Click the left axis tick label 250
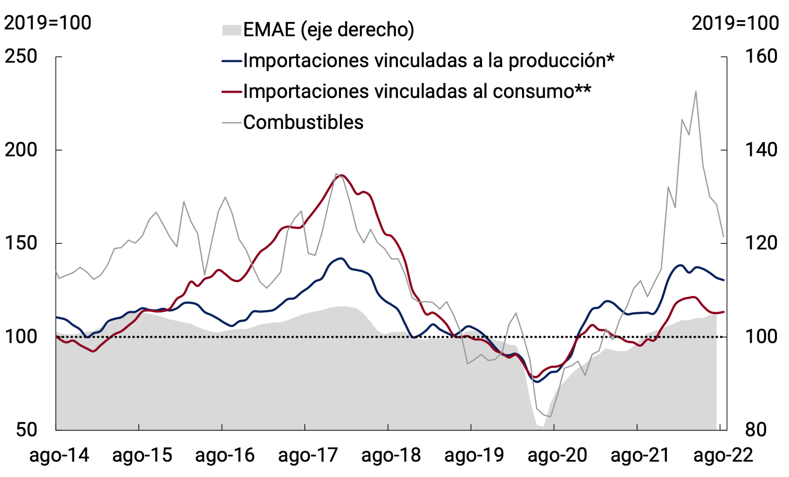pos(21,56)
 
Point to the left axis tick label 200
pos(21,150)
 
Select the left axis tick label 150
pos(21,243)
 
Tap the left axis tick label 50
pos(27,430)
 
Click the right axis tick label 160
pos(761,56)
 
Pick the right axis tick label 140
pos(761,150)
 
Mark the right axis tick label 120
pos(761,243)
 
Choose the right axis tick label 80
pos(756,430)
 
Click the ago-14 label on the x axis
pos(59,455)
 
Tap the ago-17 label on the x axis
pos(308,455)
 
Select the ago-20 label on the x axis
pos(557,455)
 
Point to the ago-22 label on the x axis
pos(723,455)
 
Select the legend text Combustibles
pos(303,122)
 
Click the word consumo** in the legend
pos(542,91)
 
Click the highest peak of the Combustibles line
pos(696,91)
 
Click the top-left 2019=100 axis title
pos(48,23)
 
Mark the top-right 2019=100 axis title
pos(735,23)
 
